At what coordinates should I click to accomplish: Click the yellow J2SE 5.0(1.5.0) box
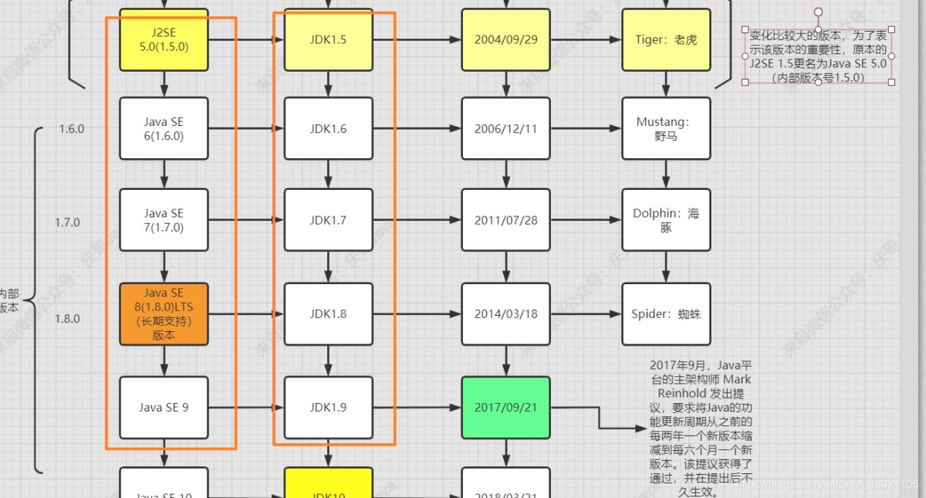click(x=164, y=39)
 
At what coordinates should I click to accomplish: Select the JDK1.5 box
click(x=328, y=39)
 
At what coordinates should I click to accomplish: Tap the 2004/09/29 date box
click(x=505, y=39)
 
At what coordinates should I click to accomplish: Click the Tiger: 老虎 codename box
click(x=666, y=39)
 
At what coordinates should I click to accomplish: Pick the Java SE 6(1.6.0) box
click(x=164, y=129)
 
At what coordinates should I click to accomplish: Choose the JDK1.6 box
click(x=328, y=129)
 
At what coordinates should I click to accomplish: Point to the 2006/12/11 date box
click(x=505, y=129)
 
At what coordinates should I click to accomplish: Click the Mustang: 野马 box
click(x=666, y=129)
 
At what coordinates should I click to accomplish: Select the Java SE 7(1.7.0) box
click(x=164, y=220)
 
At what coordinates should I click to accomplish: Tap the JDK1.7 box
click(x=328, y=220)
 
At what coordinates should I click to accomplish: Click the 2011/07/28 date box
click(x=505, y=220)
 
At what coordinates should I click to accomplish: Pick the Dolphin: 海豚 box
click(x=666, y=220)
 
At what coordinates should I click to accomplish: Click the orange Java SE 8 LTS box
click(x=164, y=314)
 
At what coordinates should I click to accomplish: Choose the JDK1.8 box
click(x=328, y=314)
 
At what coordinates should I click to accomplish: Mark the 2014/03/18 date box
click(x=505, y=314)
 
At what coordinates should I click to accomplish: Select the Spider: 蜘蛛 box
click(x=666, y=314)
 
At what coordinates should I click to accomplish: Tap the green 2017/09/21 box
click(x=505, y=407)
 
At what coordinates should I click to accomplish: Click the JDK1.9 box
click(x=328, y=407)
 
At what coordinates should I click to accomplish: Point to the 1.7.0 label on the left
click(x=67, y=222)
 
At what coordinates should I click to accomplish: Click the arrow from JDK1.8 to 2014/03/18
click(x=417, y=314)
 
